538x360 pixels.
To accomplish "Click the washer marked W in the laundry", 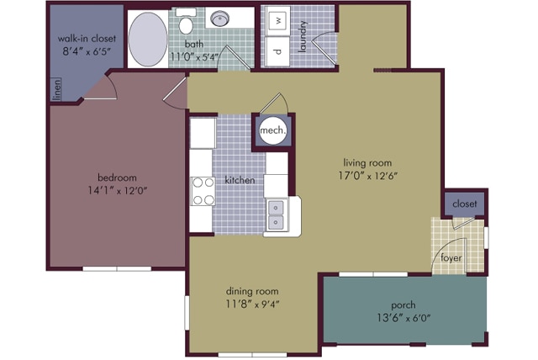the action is (278, 20).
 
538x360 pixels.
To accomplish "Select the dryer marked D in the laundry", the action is (278, 51).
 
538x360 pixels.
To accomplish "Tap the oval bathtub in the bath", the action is (148, 39).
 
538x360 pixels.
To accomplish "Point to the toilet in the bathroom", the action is (187, 22).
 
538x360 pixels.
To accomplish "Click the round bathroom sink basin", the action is (219, 18).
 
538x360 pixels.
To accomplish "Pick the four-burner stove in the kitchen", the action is (203, 191).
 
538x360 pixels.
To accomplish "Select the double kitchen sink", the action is (276, 215).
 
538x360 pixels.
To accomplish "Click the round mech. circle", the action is (272, 130).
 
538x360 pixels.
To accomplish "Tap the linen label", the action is (57, 89).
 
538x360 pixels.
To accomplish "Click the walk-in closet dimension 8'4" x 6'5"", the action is (87, 51).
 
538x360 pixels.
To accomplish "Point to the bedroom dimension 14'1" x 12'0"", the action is (118, 190).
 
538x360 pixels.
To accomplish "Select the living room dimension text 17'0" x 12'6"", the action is (368, 176).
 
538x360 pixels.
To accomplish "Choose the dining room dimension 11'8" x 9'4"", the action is (252, 304).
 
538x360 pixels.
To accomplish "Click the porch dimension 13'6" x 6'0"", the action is (403, 318).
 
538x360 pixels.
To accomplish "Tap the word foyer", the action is (451, 257).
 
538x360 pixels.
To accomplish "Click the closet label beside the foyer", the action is (465, 204).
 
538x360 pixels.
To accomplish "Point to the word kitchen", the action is (240, 180).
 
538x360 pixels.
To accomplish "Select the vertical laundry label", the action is (303, 37).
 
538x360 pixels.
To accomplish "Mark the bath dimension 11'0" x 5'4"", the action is (194, 57).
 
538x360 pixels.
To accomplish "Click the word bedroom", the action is (118, 177).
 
